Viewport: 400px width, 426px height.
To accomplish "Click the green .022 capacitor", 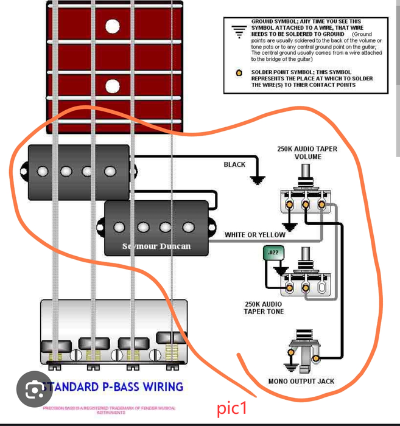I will pyautogui.click(x=272, y=253).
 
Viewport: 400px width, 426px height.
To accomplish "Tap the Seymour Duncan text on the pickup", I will pyautogui.click(x=156, y=246).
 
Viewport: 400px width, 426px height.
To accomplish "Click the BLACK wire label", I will pyautogui.click(x=234, y=164).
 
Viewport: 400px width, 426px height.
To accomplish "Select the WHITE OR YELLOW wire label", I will pyautogui.click(x=254, y=235).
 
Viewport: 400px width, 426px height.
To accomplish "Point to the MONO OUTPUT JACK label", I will pyautogui.click(x=301, y=382).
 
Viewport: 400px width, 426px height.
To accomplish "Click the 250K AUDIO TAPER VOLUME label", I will pyautogui.click(x=307, y=153).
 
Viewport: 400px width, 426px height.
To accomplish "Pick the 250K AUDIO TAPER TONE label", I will pyautogui.click(x=264, y=307).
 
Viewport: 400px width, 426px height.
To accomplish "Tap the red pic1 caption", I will pyautogui.click(x=232, y=409).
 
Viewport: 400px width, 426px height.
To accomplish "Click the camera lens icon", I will pyautogui.click(x=35, y=388).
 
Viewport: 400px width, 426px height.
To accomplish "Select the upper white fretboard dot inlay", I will pyautogui.click(x=112, y=26).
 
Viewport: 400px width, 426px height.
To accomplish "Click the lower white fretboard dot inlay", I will pyautogui.click(x=112, y=85).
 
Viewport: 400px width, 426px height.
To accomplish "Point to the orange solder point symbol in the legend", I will pyautogui.click(x=239, y=73).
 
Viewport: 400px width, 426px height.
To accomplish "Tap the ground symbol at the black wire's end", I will pyautogui.click(x=258, y=180).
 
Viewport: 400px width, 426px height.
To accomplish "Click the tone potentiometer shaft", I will pyautogui.click(x=301, y=256).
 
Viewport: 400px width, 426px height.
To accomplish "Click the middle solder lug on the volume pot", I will pyautogui.click(x=306, y=205).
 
